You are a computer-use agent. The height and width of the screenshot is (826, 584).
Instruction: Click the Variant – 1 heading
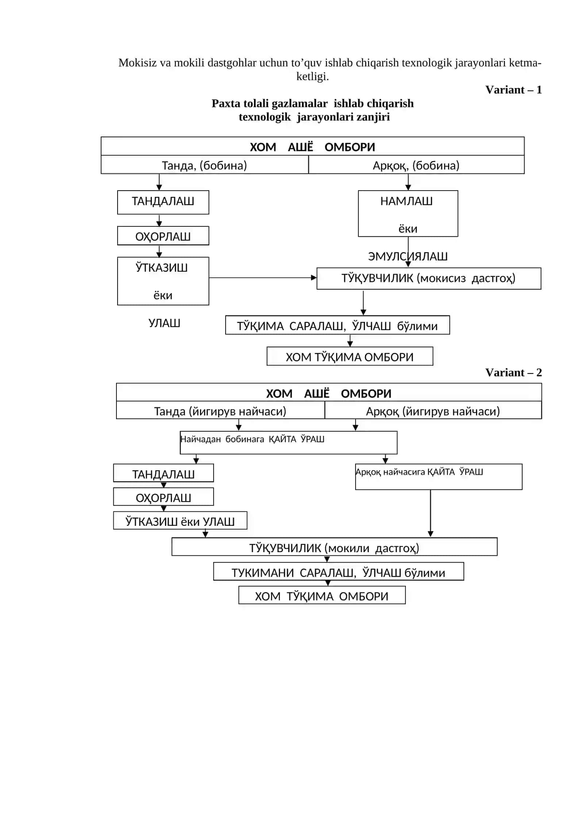[513, 90]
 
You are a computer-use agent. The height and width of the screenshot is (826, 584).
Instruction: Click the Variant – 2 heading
[513, 372]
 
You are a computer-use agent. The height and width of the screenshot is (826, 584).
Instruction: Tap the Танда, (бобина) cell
[204, 165]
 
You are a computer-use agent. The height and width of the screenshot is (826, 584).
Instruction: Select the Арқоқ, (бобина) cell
[416, 165]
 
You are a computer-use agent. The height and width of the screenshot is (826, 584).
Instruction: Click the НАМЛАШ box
[408, 214]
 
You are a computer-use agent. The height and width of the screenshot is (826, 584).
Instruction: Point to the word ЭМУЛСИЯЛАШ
[408, 256]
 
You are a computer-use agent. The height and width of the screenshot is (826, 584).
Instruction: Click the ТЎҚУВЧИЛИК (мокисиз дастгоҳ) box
[429, 279]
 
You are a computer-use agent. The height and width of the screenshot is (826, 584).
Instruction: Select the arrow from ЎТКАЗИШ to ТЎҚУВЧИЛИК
[263, 278]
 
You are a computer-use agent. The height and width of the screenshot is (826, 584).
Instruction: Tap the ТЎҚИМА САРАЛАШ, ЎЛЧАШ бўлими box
[338, 325]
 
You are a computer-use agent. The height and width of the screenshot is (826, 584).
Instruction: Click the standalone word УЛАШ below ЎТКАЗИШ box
[164, 323]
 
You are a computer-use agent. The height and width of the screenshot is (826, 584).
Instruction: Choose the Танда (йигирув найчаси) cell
[220, 411]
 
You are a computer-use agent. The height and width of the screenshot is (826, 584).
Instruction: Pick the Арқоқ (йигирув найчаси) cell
[433, 411]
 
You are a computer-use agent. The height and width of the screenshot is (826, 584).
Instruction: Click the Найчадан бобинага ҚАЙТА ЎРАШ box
[289, 443]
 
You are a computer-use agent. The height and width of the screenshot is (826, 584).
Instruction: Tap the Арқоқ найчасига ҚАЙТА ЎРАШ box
[439, 477]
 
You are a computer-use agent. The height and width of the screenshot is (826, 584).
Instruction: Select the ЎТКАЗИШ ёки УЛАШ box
[180, 520]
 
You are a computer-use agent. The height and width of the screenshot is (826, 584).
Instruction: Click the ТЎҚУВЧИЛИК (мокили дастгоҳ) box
[334, 547]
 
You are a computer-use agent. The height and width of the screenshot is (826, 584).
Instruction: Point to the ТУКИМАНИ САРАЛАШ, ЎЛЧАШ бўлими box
[339, 571]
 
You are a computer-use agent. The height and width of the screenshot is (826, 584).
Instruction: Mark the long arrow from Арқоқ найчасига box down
[431, 513]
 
